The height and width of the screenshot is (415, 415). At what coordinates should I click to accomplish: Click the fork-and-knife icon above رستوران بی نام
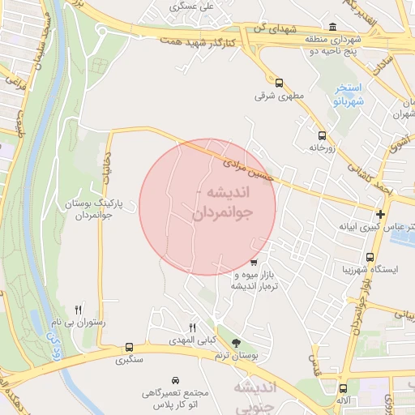tap(79, 309)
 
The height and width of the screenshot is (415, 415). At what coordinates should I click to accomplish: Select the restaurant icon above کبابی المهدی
tap(192, 327)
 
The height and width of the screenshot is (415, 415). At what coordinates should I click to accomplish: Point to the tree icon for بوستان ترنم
tap(236, 344)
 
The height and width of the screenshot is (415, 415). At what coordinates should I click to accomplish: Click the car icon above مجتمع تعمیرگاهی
tap(176, 379)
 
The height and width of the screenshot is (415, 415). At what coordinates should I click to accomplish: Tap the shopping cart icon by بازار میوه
tap(254, 262)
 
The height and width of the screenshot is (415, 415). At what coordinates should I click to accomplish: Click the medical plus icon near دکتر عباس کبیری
tap(380, 214)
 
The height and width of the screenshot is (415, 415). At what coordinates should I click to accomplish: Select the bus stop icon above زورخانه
tap(322, 135)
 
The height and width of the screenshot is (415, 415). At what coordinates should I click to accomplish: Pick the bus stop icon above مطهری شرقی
tap(279, 83)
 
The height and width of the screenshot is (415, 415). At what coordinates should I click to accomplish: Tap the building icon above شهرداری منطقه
tap(335, 27)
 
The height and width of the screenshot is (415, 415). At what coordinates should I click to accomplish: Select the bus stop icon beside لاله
tap(344, 388)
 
